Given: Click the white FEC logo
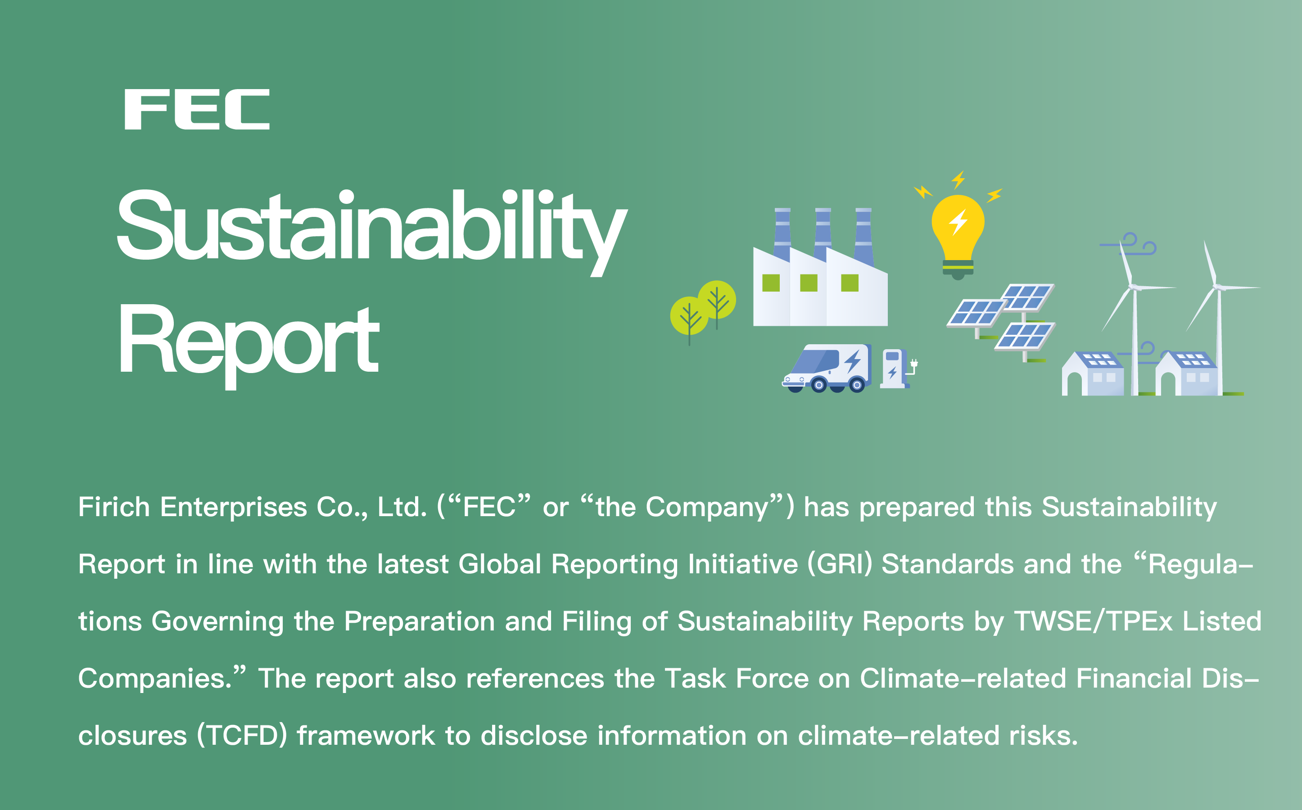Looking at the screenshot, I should pyautogui.click(x=197, y=109).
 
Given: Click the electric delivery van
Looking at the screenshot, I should pyautogui.click(x=826, y=368).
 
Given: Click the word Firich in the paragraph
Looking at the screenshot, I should pyautogui.click(x=113, y=507).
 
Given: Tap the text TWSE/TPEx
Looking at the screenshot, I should pyautogui.click(x=1093, y=621).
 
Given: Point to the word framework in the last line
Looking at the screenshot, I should pyautogui.click(x=366, y=736).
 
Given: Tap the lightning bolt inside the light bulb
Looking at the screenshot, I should pyautogui.click(x=958, y=222).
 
